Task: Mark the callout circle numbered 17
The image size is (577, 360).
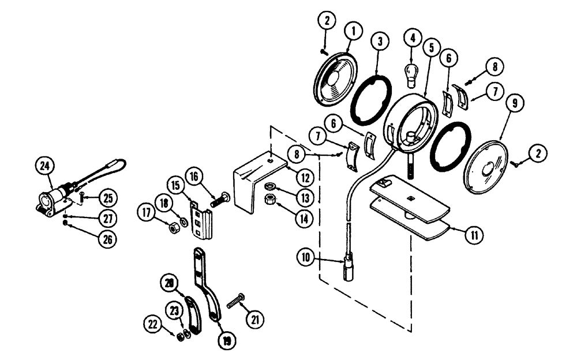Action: click(146, 212)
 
